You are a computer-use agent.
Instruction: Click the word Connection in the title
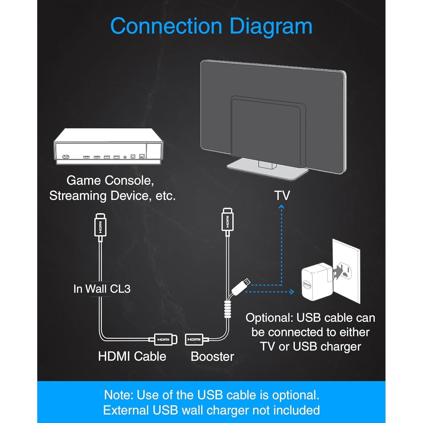point(166,26)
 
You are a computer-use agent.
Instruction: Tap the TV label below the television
point(282,195)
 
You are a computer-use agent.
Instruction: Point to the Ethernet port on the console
point(142,156)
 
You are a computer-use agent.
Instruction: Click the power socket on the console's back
point(66,157)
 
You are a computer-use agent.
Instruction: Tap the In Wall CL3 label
point(102,289)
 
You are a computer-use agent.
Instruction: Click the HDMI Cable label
point(132,356)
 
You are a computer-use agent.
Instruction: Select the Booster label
point(212,356)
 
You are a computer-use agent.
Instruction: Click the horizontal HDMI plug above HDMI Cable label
point(165,340)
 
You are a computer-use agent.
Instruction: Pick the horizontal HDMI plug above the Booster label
point(195,340)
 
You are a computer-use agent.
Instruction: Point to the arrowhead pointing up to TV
point(281,207)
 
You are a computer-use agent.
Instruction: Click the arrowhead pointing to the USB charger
point(292,292)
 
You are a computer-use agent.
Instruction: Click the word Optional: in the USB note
point(269,318)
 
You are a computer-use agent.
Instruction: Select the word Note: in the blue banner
point(118,395)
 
